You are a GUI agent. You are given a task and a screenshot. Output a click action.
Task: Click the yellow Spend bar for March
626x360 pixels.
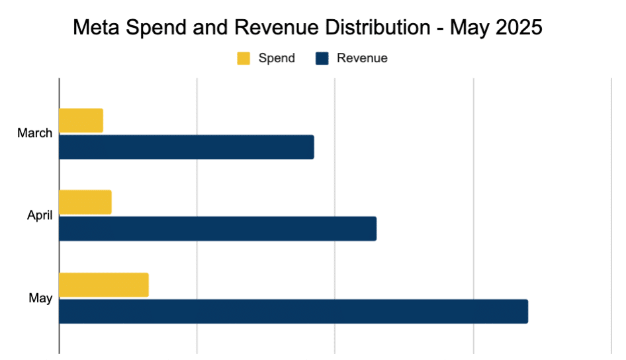(x=81, y=120)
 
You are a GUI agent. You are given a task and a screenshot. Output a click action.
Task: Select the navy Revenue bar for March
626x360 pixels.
(x=186, y=147)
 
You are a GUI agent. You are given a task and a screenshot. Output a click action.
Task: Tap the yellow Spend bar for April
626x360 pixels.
(x=85, y=202)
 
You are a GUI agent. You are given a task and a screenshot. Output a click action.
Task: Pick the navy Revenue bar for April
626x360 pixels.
(x=217, y=228)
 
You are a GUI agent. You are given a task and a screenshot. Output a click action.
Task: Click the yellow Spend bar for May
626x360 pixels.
(x=103, y=285)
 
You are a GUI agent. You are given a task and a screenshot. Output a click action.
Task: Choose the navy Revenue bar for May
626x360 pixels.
(x=293, y=311)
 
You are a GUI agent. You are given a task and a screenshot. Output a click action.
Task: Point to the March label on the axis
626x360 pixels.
(x=34, y=133)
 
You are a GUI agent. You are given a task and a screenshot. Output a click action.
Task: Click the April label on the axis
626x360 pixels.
(x=39, y=215)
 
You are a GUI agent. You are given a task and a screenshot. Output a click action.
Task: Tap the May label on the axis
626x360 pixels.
(x=40, y=298)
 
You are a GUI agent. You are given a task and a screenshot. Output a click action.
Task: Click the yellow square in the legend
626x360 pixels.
(x=244, y=58)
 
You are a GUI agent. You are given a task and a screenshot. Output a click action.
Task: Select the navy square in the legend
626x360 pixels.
(x=322, y=58)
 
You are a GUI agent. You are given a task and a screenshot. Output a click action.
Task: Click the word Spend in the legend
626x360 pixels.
(x=277, y=58)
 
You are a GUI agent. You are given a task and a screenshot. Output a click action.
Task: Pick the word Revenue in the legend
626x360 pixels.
(x=362, y=58)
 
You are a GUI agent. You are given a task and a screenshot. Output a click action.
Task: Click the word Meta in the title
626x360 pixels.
(x=94, y=28)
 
